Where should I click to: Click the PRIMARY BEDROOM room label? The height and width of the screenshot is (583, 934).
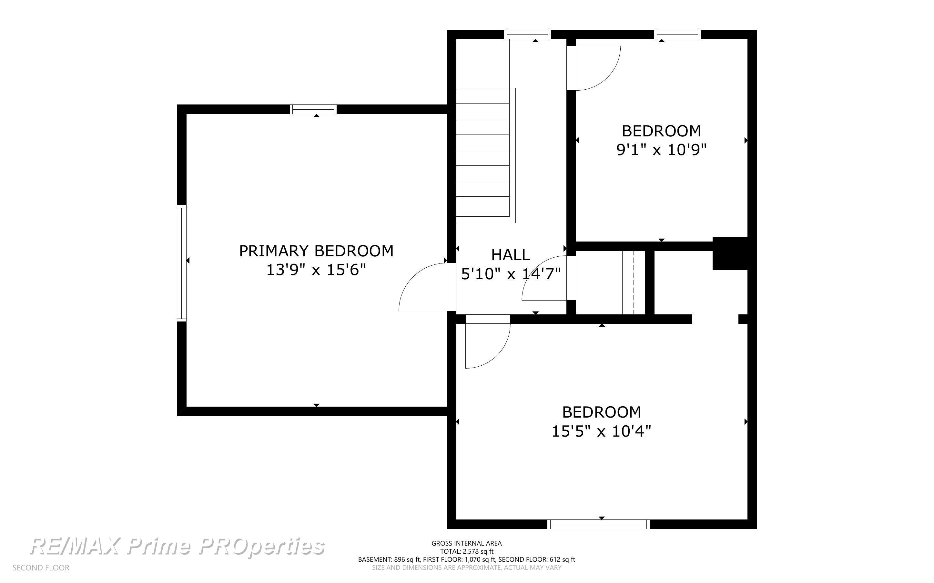point(316,251)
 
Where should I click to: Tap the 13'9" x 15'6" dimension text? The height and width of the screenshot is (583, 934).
point(316,270)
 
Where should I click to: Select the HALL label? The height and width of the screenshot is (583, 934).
point(510,255)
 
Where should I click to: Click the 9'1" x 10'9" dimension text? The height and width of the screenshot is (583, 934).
point(661,150)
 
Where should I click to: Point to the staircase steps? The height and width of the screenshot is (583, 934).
point(486,155)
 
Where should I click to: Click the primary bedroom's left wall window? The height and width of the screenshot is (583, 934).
point(182,263)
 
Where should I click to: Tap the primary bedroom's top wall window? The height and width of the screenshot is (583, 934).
point(313,109)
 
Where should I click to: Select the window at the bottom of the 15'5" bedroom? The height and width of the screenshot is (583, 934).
point(598,524)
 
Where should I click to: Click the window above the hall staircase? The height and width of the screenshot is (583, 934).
point(527,34)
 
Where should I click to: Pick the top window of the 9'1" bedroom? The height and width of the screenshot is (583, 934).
point(677,34)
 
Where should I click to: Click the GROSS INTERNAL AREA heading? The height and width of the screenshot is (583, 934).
point(466,543)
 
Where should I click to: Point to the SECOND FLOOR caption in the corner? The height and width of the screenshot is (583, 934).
point(41,568)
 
